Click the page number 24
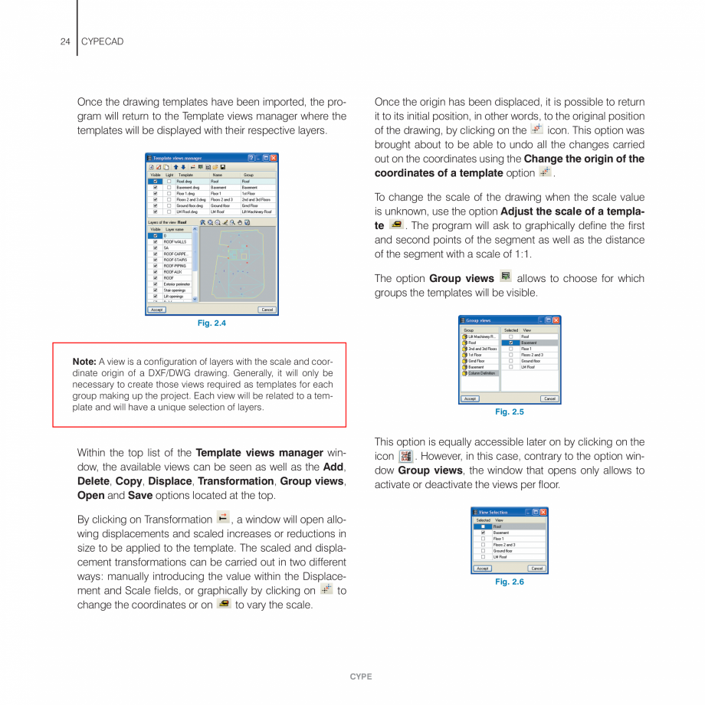pos(65,41)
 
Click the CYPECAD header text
pos(102,41)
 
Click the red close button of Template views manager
pos(274,158)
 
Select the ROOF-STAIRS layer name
pos(175,260)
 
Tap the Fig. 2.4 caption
pos(211,323)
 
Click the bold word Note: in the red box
pos(84,362)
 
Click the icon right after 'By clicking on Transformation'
pos(223,517)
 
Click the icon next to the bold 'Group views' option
pos(506,277)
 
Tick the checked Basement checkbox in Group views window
pos(510,343)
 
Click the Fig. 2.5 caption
pos(510,412)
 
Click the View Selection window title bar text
pos(493,512)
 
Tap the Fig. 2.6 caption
pos(510,582)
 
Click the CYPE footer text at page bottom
pos(361,677)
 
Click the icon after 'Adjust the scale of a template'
pos(396,225)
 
